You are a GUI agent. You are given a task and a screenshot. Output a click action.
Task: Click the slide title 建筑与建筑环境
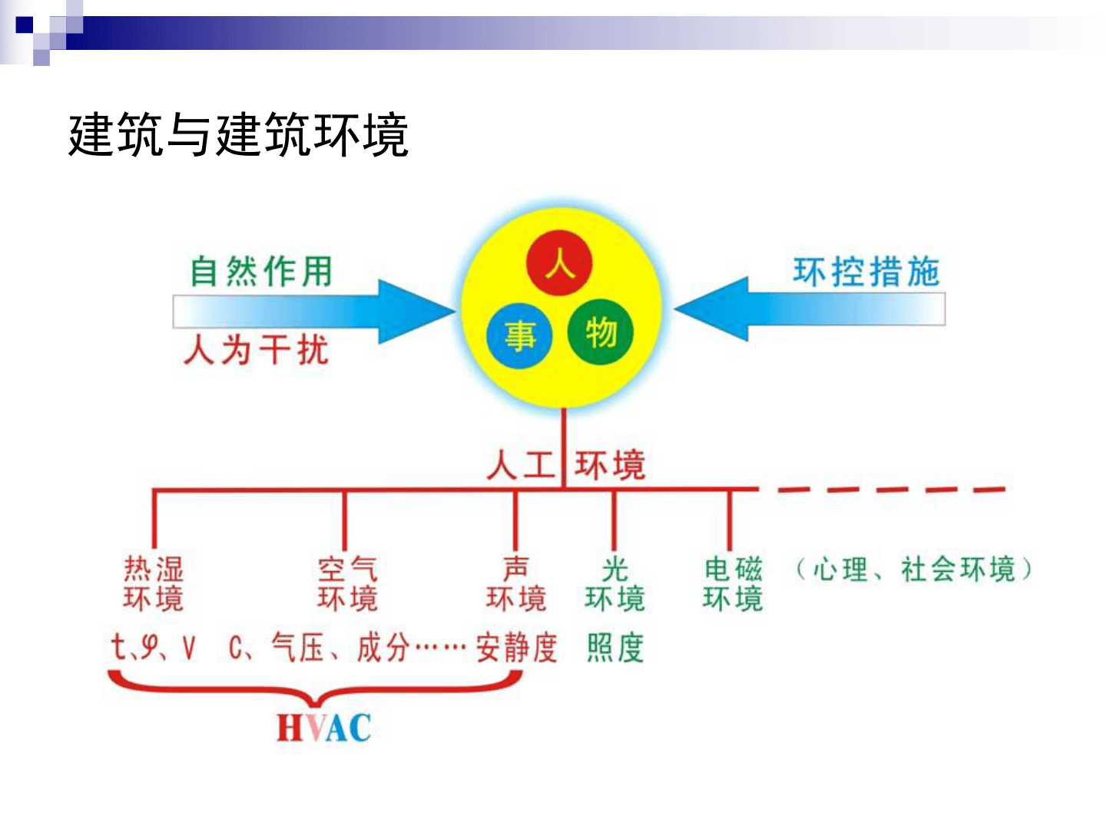237,135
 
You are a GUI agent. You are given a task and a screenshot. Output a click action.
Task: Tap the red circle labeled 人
559,264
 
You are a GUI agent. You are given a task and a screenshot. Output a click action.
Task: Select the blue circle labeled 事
520,335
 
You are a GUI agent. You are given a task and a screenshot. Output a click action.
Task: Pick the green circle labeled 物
601,332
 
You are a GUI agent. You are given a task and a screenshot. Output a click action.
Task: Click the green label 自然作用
261,272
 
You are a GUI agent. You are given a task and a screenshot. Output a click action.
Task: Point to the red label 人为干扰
257,350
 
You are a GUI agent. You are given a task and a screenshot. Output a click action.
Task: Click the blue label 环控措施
866,272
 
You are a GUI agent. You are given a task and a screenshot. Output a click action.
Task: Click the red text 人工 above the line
521,465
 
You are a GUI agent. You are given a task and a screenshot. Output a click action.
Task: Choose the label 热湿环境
154,583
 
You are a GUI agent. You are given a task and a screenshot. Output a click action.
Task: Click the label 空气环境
347,583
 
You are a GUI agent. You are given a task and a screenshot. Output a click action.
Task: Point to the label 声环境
515,583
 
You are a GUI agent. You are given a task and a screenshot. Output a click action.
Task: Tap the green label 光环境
615,583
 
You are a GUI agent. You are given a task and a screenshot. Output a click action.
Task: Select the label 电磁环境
732,583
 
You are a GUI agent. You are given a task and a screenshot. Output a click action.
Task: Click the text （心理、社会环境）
913,570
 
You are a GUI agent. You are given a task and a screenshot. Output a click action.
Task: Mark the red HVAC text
323,728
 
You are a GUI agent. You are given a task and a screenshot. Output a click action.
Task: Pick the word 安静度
516,648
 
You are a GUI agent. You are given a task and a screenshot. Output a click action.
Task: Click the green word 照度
615,648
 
